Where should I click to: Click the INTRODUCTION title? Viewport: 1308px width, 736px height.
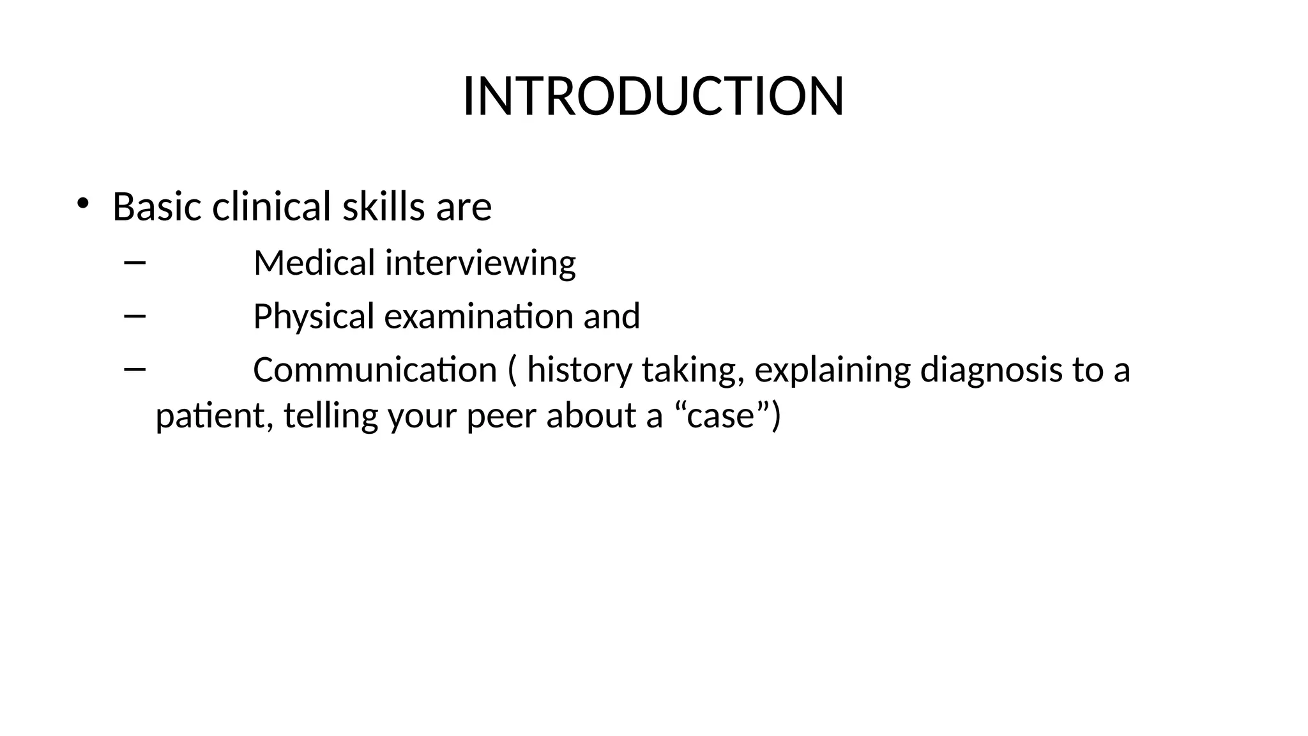click(x=653, y=96)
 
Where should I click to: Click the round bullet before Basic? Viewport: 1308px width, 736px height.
click(x=82, y=204)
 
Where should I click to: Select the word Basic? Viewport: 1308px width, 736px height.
click(x=158, y=206)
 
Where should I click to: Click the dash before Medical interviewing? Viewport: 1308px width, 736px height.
click(x=135, y=262)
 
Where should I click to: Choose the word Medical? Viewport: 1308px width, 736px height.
click(x=314, y=263)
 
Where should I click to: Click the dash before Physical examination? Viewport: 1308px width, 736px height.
click(x=135, y=315)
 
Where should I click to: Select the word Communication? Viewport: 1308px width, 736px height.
click(x=375, y=370)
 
